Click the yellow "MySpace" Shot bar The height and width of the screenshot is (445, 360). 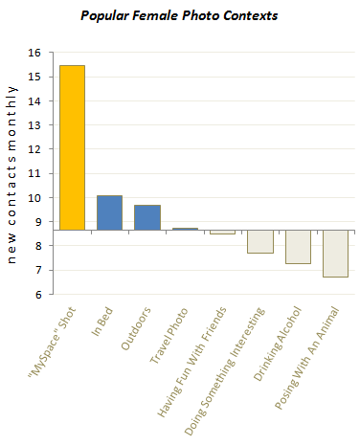[x=72, y=147]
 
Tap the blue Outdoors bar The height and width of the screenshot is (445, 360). [x=146, y=217]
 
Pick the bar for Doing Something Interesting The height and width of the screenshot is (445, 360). [x=259, y=241]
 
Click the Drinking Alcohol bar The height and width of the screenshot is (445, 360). [x=297, y=247]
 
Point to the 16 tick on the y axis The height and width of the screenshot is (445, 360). [x=37, y=54]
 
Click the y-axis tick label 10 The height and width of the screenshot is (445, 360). [x=37, y=198]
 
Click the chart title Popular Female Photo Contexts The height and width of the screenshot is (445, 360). [x=180, y=17]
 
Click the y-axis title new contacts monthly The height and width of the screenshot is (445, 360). [x=12, y=172]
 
